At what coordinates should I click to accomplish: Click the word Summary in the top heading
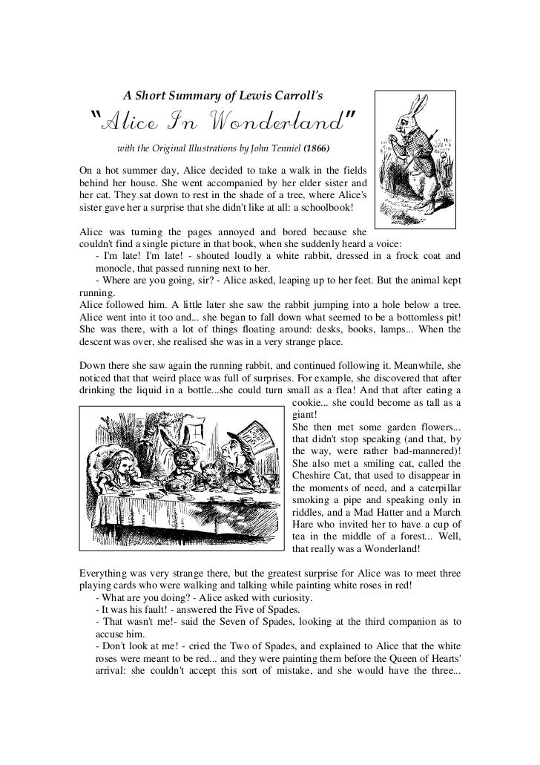(178, 95)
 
